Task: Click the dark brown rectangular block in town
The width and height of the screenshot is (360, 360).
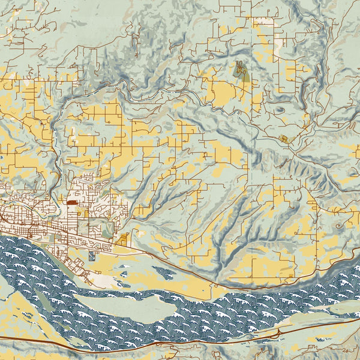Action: [73, 203]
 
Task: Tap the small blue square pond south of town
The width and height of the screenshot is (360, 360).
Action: [91, 256]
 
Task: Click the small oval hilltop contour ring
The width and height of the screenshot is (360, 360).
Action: [280, 110]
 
